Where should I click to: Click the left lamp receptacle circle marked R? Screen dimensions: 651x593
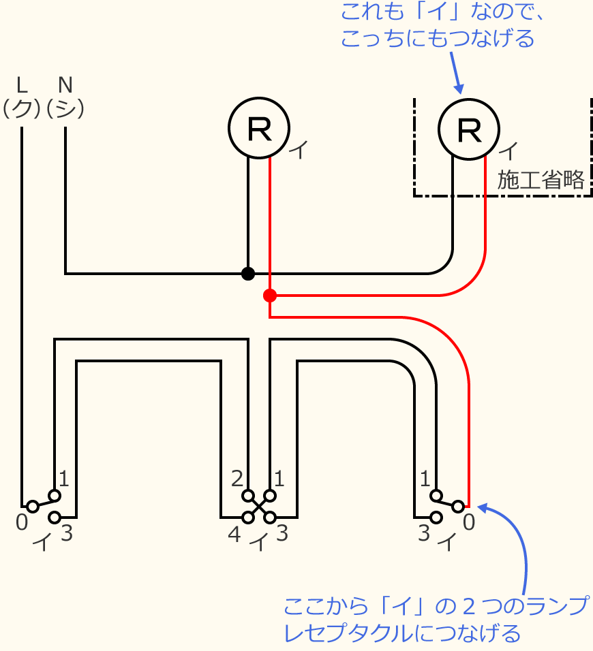click(x=258, y=128)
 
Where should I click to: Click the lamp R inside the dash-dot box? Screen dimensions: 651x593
click(x=468, y=128)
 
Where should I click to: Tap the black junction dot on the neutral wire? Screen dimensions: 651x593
click(x=248, y=274)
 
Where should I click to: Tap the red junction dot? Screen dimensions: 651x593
click(x=270, y=296)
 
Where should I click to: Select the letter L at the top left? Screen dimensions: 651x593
click(x=22, y=84)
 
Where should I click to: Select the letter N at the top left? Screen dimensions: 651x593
click(x=65, y=84)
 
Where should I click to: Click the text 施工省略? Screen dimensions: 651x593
click(x=541, y=180)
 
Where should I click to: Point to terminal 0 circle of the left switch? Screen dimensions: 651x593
click(x=32, y=507)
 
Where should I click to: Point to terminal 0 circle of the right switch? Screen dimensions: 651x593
click(x=458, y=507)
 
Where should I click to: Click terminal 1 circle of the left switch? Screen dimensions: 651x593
click(x=55, y=496)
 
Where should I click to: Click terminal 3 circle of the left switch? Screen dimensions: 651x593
click(x=55, y=518)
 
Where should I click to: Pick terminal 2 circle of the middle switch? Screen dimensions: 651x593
click(x=248, y=496)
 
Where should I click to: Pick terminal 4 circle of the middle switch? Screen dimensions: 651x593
click(x=248, y=518)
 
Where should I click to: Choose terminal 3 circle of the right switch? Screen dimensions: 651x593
click(x=436, y=518)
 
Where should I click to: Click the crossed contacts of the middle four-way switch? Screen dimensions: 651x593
click(x=259, y=507)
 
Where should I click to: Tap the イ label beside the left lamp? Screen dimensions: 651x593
click(x=299, y=150)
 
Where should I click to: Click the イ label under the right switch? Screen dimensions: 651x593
click(x=446, y=543)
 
